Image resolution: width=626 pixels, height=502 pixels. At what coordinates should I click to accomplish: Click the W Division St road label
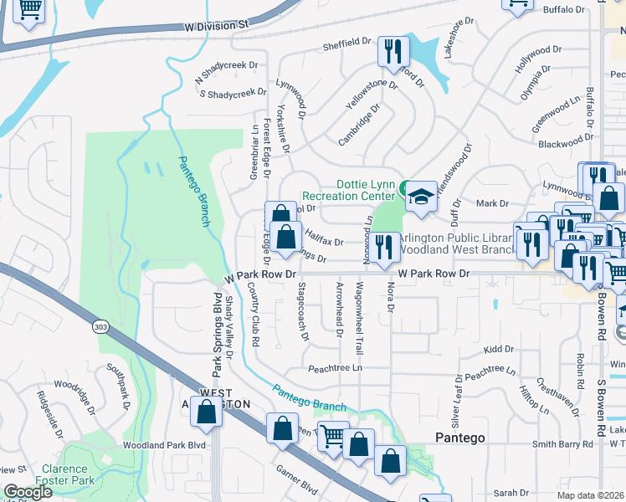pyautogui.click(x=217, y=26)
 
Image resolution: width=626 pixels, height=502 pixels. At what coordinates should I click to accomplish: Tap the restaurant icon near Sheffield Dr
pyautogui.click(x=390, y=51)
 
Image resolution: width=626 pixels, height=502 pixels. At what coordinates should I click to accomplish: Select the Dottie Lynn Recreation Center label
pyautogui.click(x=365, y=190)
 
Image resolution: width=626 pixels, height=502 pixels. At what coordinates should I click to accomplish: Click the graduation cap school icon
pyautogui.click(x=421, y=195)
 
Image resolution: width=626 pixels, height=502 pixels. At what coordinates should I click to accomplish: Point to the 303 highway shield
pyautogui.click(x=100, y=325)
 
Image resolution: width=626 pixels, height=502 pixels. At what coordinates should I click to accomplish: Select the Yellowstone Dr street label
pyautogui.click(x=372, y=95)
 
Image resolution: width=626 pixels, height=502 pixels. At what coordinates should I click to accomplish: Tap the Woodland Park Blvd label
pyautogui.click(x=164, y=446)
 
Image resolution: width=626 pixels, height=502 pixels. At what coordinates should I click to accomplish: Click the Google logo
pyautogui.click(x=28, y=492)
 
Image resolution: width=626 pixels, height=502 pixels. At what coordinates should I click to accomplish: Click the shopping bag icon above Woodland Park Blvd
pyautogui.click(x=206, y=411)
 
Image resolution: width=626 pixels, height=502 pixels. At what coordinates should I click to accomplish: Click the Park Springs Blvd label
pyautogui.click(x=216, y=333)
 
